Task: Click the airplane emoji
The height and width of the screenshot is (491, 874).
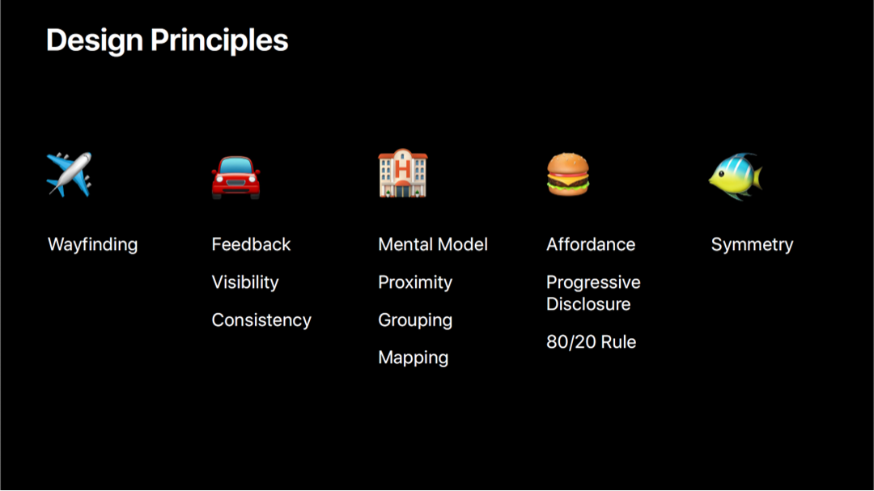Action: click(69, 175)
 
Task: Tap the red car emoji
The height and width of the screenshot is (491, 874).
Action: click(235, 177)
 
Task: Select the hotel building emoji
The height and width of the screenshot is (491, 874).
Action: click(403, 173)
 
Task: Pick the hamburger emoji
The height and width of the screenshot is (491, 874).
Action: click(567, 175)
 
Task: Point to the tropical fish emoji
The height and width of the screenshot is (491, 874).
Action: click(735, 176)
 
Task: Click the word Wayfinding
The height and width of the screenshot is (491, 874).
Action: click(92, 244)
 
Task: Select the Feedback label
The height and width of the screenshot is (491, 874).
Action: click(251, 244)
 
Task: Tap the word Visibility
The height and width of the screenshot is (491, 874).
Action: click(244, 282)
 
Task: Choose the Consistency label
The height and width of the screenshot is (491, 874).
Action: click(261, 320)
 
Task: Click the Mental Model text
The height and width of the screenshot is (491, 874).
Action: click(432, 244)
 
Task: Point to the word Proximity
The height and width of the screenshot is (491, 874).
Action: click(415, 282)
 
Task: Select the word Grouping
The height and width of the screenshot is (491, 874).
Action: click(415, 320)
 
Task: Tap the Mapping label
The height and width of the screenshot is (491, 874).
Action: click(413, 358)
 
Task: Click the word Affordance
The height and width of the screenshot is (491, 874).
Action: click(591, 244)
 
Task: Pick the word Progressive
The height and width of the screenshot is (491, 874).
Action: click(594, 282)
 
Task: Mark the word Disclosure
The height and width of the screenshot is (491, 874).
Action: click(588, 303)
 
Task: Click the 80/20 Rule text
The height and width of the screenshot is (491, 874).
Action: click(592, 341)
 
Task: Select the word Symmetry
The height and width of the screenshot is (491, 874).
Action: click(752, 244)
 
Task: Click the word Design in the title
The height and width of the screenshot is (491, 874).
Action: click(94, 40)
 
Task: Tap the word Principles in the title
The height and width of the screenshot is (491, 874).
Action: click(219, 40)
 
